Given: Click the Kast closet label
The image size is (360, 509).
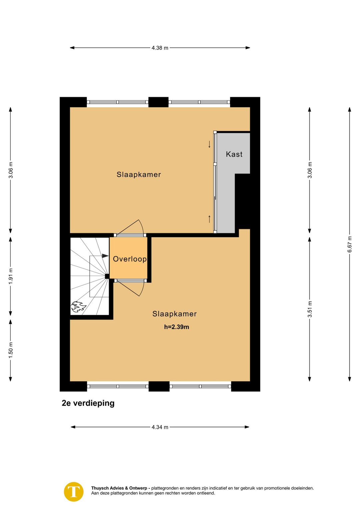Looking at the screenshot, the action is [234, 154].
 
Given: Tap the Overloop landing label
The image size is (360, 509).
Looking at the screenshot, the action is [130, 259].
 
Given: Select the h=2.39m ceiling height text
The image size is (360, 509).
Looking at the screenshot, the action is [176, 327].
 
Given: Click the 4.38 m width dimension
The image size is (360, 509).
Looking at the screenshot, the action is [160, 48].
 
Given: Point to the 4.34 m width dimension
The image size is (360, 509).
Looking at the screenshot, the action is [160, 427].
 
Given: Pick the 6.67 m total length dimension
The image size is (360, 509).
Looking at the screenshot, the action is [350, 244].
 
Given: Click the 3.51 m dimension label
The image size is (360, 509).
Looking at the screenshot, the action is [310, 309].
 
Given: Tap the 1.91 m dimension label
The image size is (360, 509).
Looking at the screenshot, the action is [10, 276].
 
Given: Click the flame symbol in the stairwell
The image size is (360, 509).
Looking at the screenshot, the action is [79, 307].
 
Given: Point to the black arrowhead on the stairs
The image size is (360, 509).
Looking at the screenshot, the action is [105, 256].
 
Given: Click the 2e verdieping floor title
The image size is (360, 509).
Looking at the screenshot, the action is [88, 403].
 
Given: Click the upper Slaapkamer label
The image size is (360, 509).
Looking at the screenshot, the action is [139, 174].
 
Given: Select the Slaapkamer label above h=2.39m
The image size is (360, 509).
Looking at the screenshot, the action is [174, 314].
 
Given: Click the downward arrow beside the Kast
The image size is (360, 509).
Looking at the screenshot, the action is [209, 144].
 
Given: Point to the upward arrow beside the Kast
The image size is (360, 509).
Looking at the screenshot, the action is [209, 219].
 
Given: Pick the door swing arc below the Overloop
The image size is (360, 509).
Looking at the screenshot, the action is [142, 289].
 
